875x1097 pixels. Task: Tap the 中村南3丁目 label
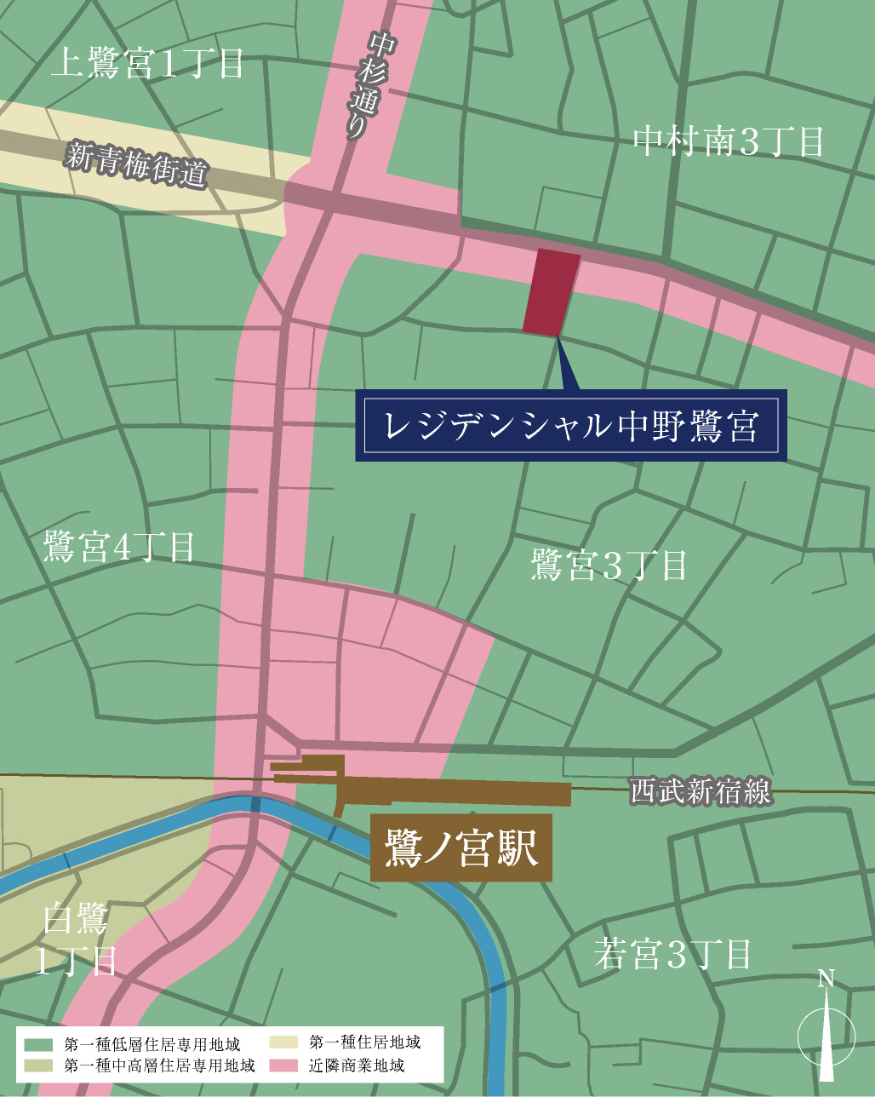729,141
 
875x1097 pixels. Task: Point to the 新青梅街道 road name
137,164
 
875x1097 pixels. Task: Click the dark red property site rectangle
552,292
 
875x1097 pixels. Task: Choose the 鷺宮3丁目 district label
609,565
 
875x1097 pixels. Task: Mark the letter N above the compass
826,979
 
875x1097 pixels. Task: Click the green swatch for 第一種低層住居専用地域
39,1044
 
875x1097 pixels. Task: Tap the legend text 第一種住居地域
364,1042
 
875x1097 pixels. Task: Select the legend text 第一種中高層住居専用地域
159,1065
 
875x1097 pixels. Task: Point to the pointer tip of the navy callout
558,338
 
